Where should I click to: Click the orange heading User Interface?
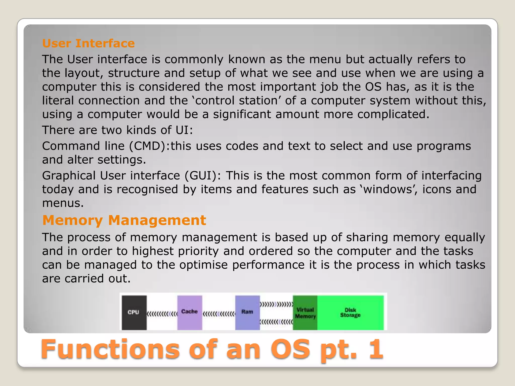tap(88, 43)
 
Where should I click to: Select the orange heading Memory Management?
tap(124, 220)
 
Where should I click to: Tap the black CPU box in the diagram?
tap(134, 312)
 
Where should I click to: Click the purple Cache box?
tap(190, 312)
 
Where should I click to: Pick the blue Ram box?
tap(247, 312)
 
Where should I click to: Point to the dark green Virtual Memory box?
tap(305, 313)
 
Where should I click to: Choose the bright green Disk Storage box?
tap(350, 313)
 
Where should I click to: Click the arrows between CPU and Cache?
tap(162, 314)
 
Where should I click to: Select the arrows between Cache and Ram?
tap(219, 314)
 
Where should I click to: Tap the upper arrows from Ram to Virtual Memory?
tap(276, 305)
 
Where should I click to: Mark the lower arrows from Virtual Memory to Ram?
tap(276, 322)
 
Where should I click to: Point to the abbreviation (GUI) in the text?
tap(203, 176)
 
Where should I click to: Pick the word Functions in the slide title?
tap(110, 349)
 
